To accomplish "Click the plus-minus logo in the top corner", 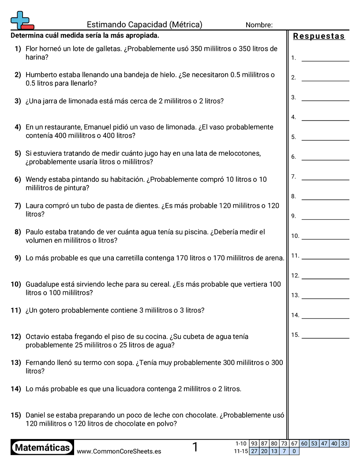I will click(x=22, y=20).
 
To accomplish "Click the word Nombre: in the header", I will click(x=259, y=25).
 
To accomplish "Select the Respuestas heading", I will click(x=319, y=36).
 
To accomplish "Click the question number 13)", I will click(x=16, y=363).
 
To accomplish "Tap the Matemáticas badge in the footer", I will click(x=42, y=448).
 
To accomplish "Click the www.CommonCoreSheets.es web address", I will click(x=119, y=451).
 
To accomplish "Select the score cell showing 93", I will click(x=254, y=443).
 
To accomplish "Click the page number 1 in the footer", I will click(x=195, y=447).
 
